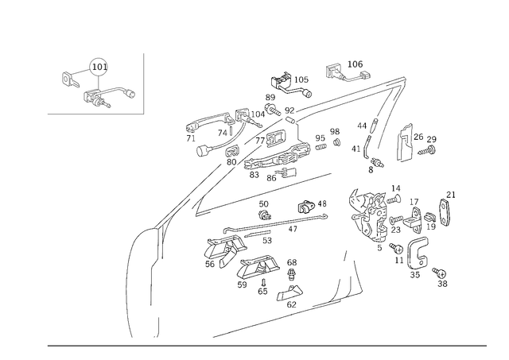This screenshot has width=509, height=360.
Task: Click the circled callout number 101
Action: point(99,67)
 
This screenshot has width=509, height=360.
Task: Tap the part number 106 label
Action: point(355,64)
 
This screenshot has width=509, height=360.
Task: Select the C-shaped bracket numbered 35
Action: point(418,253)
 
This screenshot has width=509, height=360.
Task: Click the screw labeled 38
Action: point(439,273)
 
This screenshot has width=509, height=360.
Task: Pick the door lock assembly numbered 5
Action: point(370,215)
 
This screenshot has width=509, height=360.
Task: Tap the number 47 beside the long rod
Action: point(293,229)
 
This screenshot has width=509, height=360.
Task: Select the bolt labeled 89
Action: point(272,110)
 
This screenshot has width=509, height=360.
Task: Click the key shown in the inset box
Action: point(70,79)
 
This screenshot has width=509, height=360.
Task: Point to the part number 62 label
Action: point(292,304)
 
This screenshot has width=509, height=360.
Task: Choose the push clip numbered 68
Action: point(292,274)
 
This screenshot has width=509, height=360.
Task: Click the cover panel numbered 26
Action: point(404,143)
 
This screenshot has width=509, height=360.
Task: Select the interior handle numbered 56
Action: point(226,251)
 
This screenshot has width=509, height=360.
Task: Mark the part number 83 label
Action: point(254,175)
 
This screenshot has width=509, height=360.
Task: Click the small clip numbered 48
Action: point(306,207)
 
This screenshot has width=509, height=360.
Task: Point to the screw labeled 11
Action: point(396,248)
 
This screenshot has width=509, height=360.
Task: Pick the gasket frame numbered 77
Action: point(276,139)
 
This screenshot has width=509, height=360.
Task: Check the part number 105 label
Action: point(301,79)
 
